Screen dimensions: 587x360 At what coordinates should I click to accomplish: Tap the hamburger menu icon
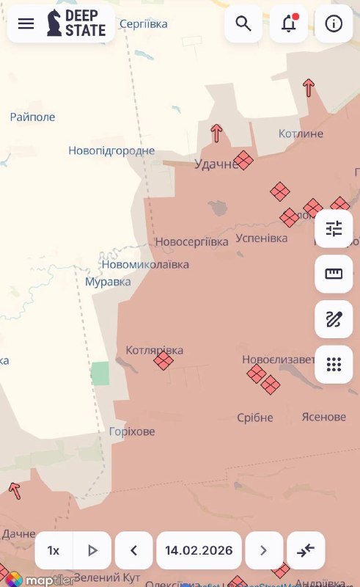coord(26,23)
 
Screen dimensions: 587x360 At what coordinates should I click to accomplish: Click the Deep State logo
coord(76,23)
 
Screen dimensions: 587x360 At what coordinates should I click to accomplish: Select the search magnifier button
coord(243,23)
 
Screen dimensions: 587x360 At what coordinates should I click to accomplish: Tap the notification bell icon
coord(289,23)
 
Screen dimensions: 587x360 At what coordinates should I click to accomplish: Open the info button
coord(334,23)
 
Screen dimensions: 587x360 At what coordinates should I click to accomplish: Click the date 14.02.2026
coord(199,550)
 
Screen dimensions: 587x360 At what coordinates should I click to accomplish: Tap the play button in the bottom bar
coord(92,550)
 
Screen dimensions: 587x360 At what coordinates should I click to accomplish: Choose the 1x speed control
coord(54,550)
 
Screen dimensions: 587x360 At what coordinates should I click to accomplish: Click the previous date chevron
coord(134,550)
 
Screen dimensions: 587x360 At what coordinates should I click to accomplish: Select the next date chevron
coord(264,550)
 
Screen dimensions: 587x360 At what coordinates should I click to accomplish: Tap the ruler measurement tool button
coord(334,274)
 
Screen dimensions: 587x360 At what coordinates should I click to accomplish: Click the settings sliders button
coord(334,229)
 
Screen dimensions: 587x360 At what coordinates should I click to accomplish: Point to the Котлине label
coord(301,134)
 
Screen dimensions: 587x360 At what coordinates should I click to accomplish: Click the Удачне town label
coord(216,164)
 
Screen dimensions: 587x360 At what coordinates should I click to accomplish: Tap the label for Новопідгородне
coord(111,150)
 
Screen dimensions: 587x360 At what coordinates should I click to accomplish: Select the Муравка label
coord(108,282)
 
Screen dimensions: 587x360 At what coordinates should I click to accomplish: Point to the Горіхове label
coord(132,431)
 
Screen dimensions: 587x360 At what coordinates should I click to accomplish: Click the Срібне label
coord(255,418)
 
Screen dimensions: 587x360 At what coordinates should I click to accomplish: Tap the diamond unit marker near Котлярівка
coord(164,360)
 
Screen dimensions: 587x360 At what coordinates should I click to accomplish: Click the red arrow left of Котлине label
coord(216,133)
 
